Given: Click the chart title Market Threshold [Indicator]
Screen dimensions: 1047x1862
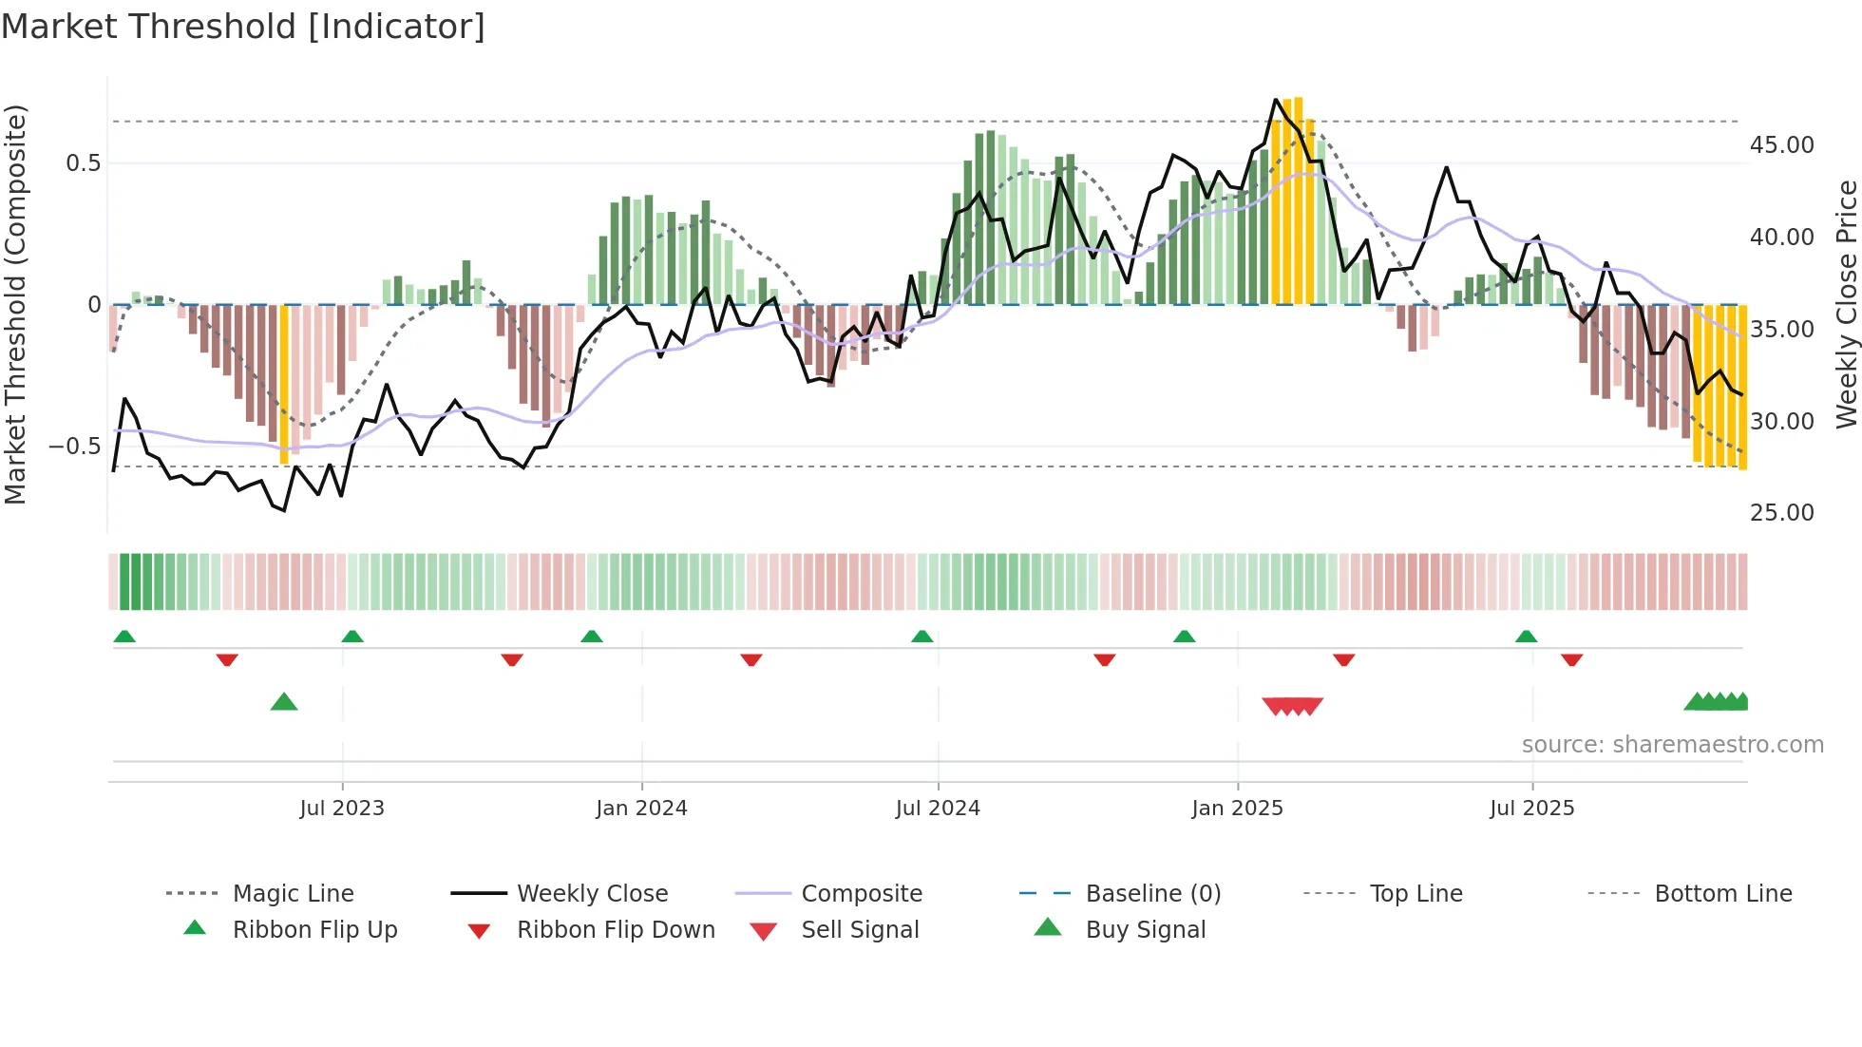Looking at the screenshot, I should [243, 27].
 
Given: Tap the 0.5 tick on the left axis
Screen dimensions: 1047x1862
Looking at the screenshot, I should [83, 163].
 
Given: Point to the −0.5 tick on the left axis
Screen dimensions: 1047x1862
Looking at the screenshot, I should [75, 447].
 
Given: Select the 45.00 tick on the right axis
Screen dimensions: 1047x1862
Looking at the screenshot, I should [1781, 145].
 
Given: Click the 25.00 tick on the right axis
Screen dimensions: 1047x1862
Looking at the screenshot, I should [1781, 513].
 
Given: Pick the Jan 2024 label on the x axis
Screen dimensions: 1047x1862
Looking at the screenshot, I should [641, 809].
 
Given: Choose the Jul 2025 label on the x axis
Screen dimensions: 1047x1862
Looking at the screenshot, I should [1531, 809].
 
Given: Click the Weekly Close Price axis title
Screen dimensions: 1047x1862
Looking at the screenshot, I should [1845, 304].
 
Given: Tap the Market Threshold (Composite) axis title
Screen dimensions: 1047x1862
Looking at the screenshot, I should [15, 304].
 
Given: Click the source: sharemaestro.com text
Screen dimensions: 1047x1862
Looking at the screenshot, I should [1672, 745].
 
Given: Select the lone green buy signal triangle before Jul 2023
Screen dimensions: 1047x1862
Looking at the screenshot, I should [284, 703].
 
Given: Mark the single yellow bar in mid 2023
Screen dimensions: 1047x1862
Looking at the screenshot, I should [284, 385].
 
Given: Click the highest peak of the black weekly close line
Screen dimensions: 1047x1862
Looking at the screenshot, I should [1276, 100].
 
